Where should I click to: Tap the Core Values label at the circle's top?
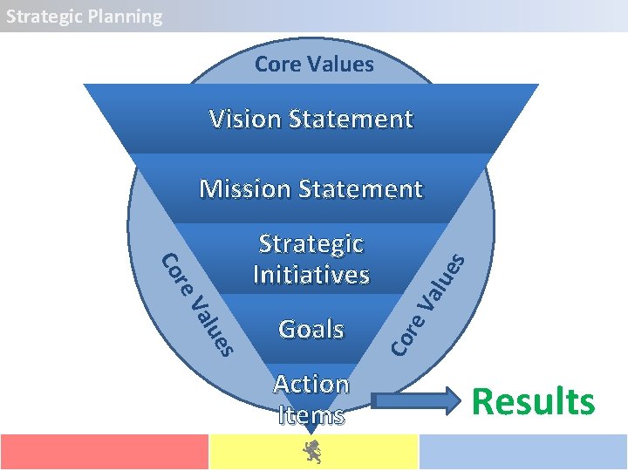pyautogui.click(x=314, y=64)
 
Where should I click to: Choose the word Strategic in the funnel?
pyautogui.click(x=311, y=244)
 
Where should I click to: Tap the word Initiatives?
pyautogui.click(x=311, y=275)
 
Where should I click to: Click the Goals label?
pyautogui.click(x=311, y=329)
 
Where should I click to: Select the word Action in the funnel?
pyautogui.click(x=311, y=384)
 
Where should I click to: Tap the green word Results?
pyautogui.click(x=533, y=402)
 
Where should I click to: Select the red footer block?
pyautogui.click(x=104, y=452)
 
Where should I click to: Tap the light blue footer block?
pyautogui.click(x=523, y=452)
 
